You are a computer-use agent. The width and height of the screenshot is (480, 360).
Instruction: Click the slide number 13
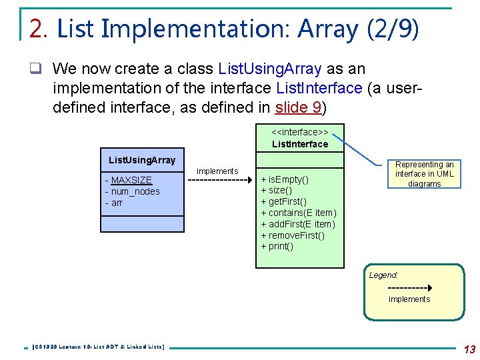click(x=469, y=349)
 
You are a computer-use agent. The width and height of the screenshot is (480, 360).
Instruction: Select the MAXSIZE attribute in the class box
click(x=131, y=180)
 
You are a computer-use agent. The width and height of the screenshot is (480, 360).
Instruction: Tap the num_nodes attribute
click(x=135, y=191)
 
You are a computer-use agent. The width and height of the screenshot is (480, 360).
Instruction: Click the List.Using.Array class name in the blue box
click(x=142, y=160)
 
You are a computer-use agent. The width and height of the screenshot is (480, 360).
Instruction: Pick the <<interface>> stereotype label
click(x=299, y=132)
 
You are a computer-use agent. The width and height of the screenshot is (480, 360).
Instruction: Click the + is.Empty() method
click(x=285, y=180)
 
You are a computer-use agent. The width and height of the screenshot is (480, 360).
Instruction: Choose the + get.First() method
click(x=284, y=202)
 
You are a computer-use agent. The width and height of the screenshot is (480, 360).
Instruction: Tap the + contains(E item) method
click(x=298, y=213)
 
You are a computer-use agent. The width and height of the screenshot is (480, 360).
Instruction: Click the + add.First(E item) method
click(x=298, y=224)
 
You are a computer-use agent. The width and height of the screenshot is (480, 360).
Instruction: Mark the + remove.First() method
click(x=293, y=235)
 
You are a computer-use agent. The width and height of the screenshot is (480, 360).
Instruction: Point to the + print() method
click(x=277, y=246)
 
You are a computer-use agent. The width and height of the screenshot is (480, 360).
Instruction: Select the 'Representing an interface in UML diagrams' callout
click(x=425, y=174)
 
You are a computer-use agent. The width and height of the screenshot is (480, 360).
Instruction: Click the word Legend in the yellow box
click(x=383, y=275)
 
